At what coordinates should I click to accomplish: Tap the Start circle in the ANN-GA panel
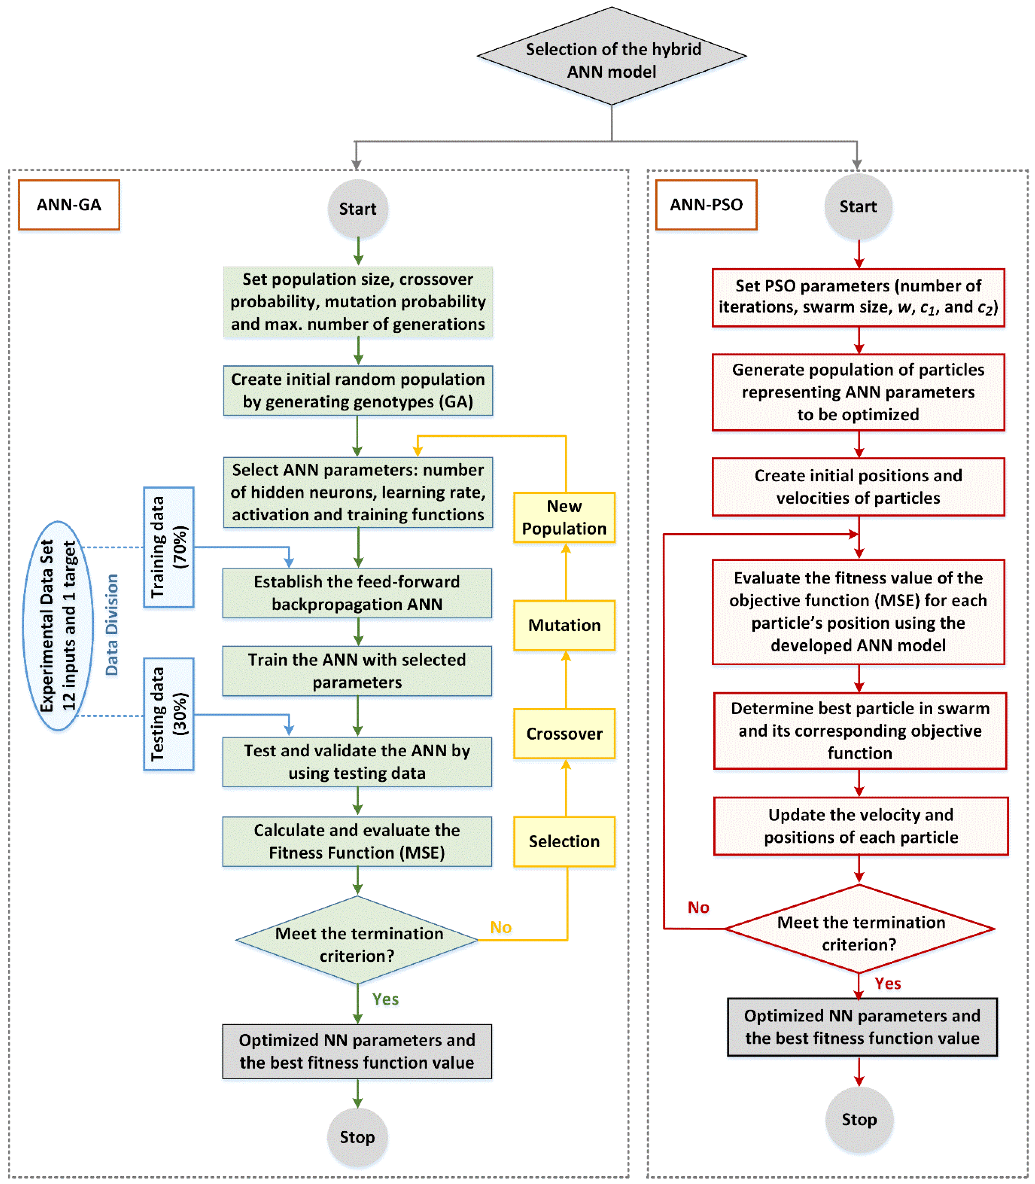357,208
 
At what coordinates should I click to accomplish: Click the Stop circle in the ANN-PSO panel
859,1119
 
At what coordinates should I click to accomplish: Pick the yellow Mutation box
564,625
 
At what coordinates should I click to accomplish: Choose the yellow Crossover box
564,734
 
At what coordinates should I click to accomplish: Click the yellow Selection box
564,841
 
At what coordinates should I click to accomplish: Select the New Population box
564,517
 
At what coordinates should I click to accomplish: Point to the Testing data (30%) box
169,714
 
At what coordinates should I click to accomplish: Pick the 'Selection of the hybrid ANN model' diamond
612,56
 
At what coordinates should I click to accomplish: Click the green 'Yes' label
385,999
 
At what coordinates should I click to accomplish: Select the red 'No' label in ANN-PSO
698,907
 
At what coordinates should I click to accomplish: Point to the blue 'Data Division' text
111,624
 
